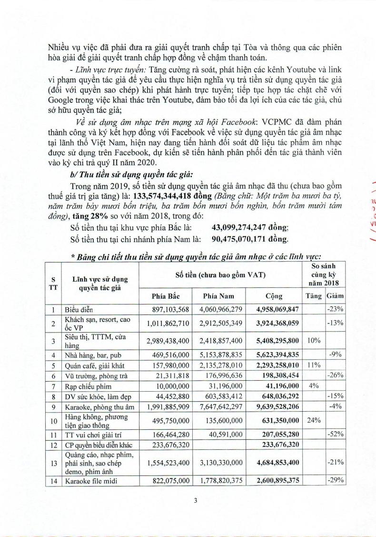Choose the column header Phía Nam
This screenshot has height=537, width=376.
pos(217,296)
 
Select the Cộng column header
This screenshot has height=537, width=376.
pos(274,296)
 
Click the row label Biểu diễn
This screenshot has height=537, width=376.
pos(79,310)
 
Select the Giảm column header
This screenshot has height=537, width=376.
pos(336,296)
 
